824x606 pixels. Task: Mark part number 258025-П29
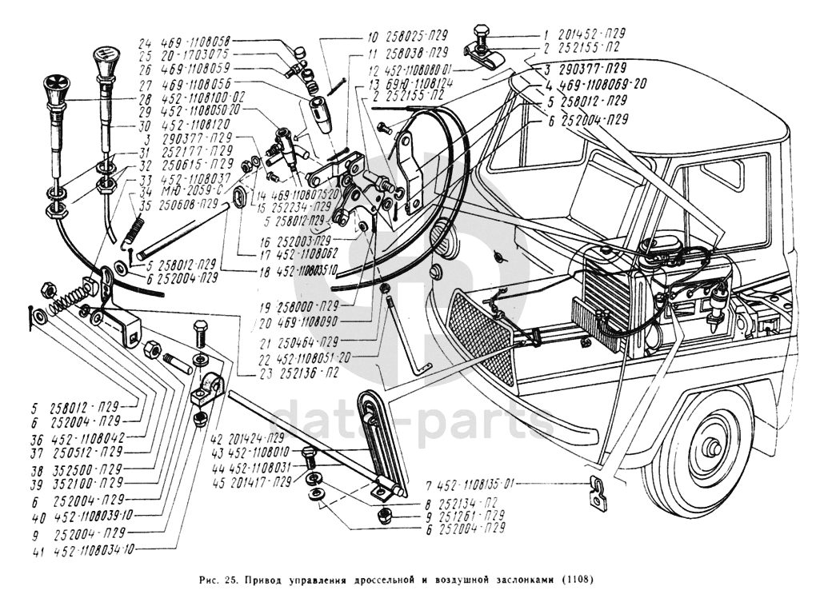click(418, 35)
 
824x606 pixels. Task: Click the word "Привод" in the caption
click(263, 580)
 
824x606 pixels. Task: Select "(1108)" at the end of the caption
click(576, 580)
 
